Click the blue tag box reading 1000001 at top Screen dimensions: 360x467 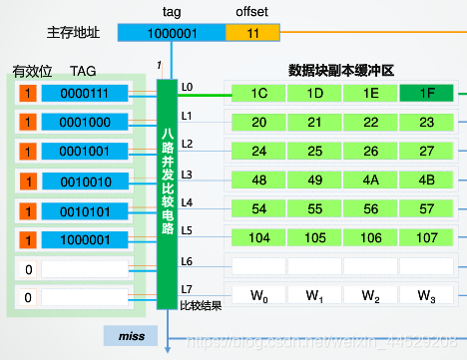171,32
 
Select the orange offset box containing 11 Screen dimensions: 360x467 252,32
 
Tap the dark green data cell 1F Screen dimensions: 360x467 427,94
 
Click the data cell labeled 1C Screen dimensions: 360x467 259,94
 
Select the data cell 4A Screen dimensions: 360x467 371,181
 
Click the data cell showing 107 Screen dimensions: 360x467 427,239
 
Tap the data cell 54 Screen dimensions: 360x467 259,210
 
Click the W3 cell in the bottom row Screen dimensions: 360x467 427,296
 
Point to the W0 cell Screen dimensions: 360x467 259,296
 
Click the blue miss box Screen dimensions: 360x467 131,336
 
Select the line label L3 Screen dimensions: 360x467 187,174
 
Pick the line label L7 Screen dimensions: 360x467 187,289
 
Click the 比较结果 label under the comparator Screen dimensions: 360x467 200,305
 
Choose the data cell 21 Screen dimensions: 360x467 315,123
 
